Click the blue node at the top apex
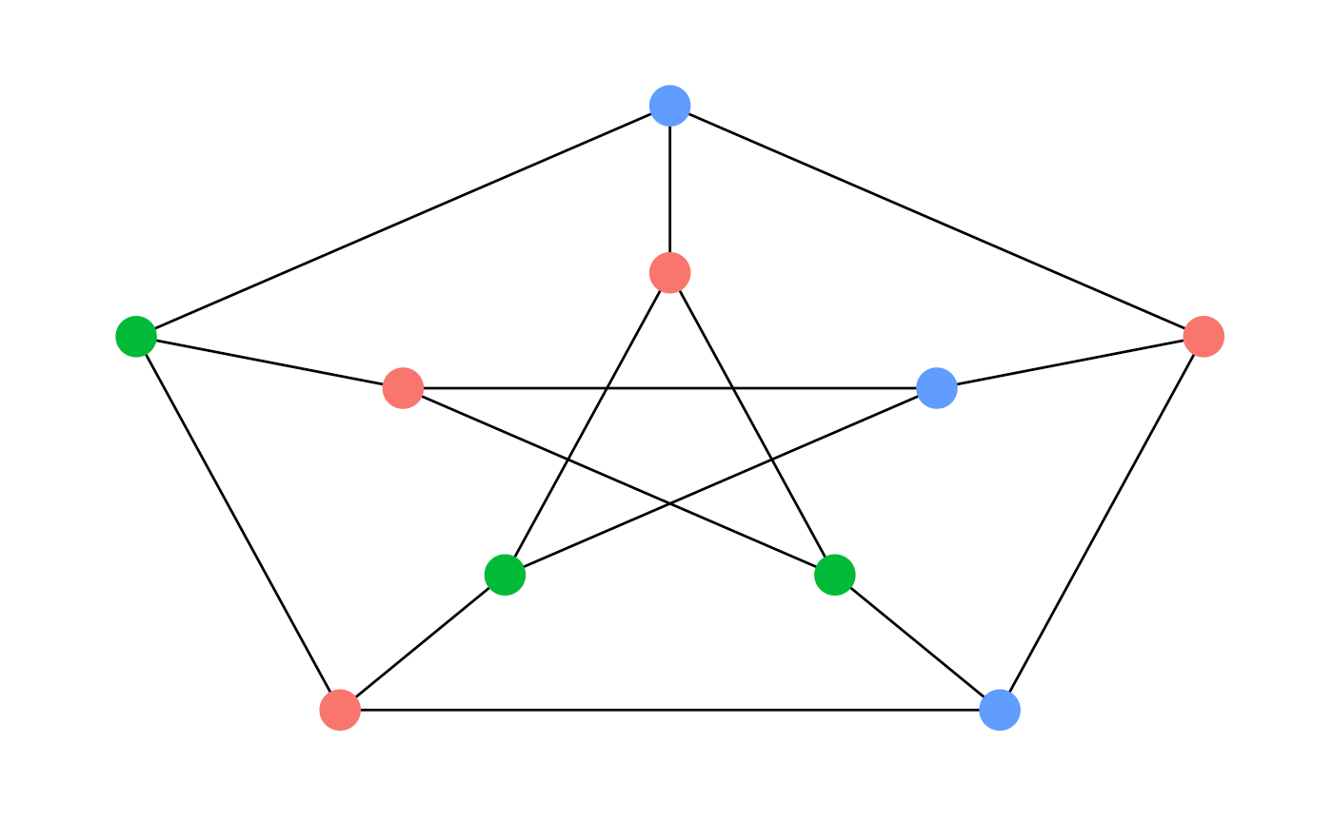click(x=669, y=106)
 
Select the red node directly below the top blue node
click(x=669, y=273)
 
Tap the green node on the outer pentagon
click(x=136, y=336)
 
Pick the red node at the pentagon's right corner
click(x=1204, y=336)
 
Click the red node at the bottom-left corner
click(x=340, y=710)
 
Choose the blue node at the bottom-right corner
click(x=1000, y=710)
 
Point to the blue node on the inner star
click(x=936, y=388)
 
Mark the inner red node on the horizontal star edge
click(x=403, y=388)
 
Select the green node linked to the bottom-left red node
click(x=505, y=575)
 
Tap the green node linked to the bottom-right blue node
click(x=835, y=575)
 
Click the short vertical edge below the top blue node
click(x=669, y=189)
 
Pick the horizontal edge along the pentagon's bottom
click(x=669, y=710)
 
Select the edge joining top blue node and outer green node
click(x=403, y=221)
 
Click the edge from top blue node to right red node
click(x=936, y=221)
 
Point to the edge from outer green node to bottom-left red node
click(x=238, y=523)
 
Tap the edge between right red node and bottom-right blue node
click(x=1102, y=523)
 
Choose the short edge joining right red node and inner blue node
click(x=1070, y=362)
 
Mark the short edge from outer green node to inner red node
click(x=269, y=362)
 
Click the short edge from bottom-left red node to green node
click(x=422, y=642)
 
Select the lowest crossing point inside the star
click(x=669, y=504)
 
